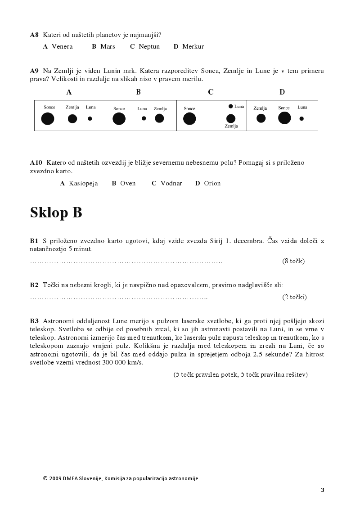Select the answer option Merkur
pyautogui.click(x=193, y=46)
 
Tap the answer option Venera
pyautogui.click(x=62, y=46)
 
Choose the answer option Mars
pyautogui.click(x=108, y=46)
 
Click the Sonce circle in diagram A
pyautogui.click(x=47, y=119)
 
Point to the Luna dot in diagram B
pyautogui.click(x=144, y=118)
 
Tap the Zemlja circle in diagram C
pyautogui.click(x=231, y=118)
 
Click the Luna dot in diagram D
pyautogui.click(x=301, y=118)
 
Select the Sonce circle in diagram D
pyautogui.click(x=284, y=118)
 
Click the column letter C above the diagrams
pyautogui.click(x=211, y=92)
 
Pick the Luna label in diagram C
pyautogui.click(x=239, y=107)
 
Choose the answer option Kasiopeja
pyautogui.click(x=83, y=183)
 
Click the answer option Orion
pyautogui.click(x=212, y=183)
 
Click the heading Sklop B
pyautogui.click(x=56, y=212)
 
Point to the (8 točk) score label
pyautogui.click(x=293, y=261)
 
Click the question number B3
pyautogui.click(x=35, y=321)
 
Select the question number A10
pyautogui.click(x=36, y=162)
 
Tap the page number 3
pyautogui.click(x=323, y=490)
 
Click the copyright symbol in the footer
pyautogui.click(x=45, y=478)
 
